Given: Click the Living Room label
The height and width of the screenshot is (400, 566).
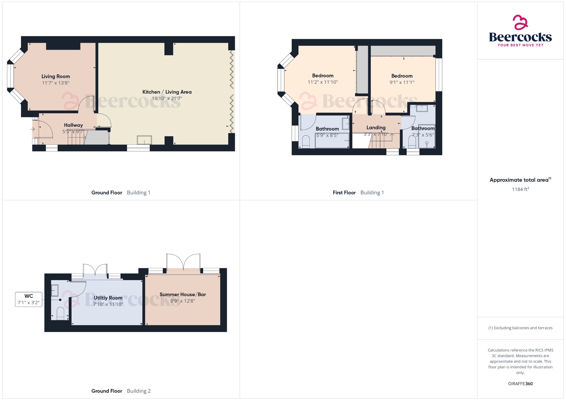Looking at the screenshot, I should click(56, 77).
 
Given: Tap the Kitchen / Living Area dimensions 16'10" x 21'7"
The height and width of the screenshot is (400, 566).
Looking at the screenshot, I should click(167, 99).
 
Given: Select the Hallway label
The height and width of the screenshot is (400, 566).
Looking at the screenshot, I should click(73, 125).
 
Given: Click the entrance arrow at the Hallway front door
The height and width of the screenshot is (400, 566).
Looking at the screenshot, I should click(33, 129).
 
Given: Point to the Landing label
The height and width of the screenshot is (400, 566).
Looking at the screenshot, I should click(376, 128).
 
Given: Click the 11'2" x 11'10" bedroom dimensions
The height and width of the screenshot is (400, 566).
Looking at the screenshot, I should click(323, 82).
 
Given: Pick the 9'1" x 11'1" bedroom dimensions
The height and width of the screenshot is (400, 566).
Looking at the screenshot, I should click(402, 82).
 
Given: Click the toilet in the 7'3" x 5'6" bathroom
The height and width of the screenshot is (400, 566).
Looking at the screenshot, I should click(412, 142).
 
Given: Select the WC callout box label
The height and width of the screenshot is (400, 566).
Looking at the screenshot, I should click(29, 296).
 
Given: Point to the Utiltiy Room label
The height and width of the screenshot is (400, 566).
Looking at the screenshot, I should click(108, 298).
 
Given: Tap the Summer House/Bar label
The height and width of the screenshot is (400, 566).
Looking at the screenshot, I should click(183, 294).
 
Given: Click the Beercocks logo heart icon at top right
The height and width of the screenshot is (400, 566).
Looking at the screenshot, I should click(520, 22).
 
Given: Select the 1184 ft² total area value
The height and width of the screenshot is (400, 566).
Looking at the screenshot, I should click(520, 189).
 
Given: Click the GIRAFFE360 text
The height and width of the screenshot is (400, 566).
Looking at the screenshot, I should click(520, 384).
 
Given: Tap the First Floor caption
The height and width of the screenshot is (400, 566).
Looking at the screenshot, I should click(344, 193).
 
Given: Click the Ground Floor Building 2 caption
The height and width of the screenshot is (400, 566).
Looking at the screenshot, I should click(121, 391).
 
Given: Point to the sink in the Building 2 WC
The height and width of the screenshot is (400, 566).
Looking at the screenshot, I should click(55, 290).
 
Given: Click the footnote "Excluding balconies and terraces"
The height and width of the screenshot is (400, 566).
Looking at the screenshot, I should click(523, 328).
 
